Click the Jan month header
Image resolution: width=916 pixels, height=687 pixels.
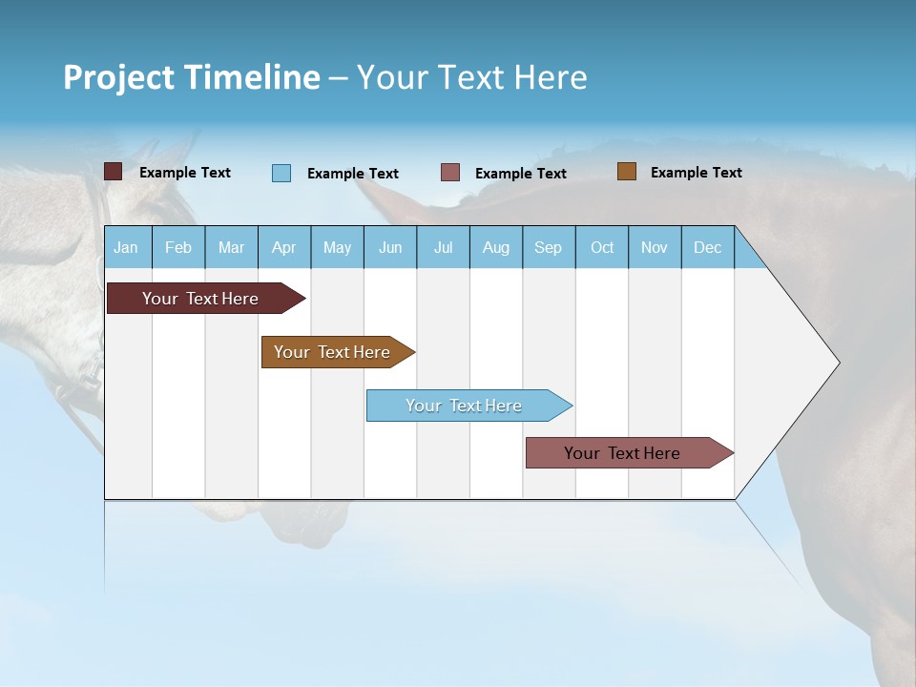tap(126, 248)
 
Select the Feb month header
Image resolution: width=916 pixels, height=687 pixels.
tap(178, 248)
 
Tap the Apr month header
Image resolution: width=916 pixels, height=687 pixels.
tap(283, 248)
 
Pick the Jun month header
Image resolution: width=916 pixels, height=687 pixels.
tap(390, 248)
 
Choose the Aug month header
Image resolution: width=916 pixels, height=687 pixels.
tap(495, 248)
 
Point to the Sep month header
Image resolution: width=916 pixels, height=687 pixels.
tap(548, 248)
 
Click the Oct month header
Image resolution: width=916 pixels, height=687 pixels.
tap(602, 248)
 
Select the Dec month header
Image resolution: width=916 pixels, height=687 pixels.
tap(707, 248)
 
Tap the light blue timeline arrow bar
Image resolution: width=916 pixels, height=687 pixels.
tap(465, 406)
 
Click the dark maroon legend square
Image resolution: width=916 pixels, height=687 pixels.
tap(114, 172)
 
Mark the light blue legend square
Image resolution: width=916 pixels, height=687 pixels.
tap(281, 173)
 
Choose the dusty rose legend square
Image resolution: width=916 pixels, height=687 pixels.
tap(450, 173)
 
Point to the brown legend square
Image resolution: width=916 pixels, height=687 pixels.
tap(627, 172)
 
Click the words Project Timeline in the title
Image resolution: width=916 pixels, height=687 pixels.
tap(192, 77)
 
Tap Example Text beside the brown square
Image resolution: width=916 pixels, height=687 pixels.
tap(696, 173)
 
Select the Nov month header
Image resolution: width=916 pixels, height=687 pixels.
tap(655, 248)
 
